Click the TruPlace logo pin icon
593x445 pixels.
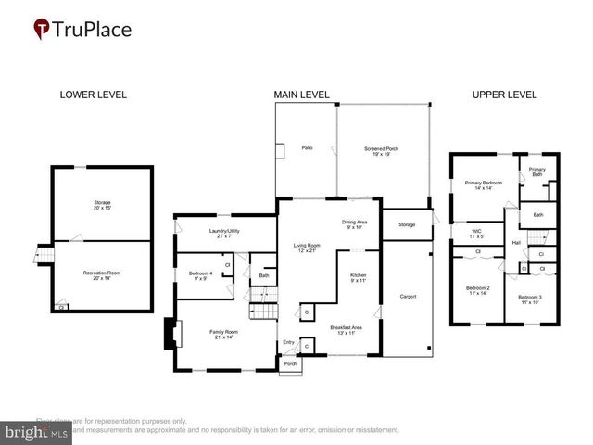tap(43, 29)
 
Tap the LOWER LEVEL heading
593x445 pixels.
tap(93, 95)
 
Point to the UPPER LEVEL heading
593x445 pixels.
tap(504, 95)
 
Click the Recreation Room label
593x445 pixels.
tap(102, 275)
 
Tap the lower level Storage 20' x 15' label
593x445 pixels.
tap(102, 205)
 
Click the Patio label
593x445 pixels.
tap(306, 148)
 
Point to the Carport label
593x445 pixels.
tap(408, 297)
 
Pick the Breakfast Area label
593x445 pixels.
tap(345, 329)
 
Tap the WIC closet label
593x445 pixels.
tap(476, 233)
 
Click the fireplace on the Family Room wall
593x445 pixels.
tap(169, 334)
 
